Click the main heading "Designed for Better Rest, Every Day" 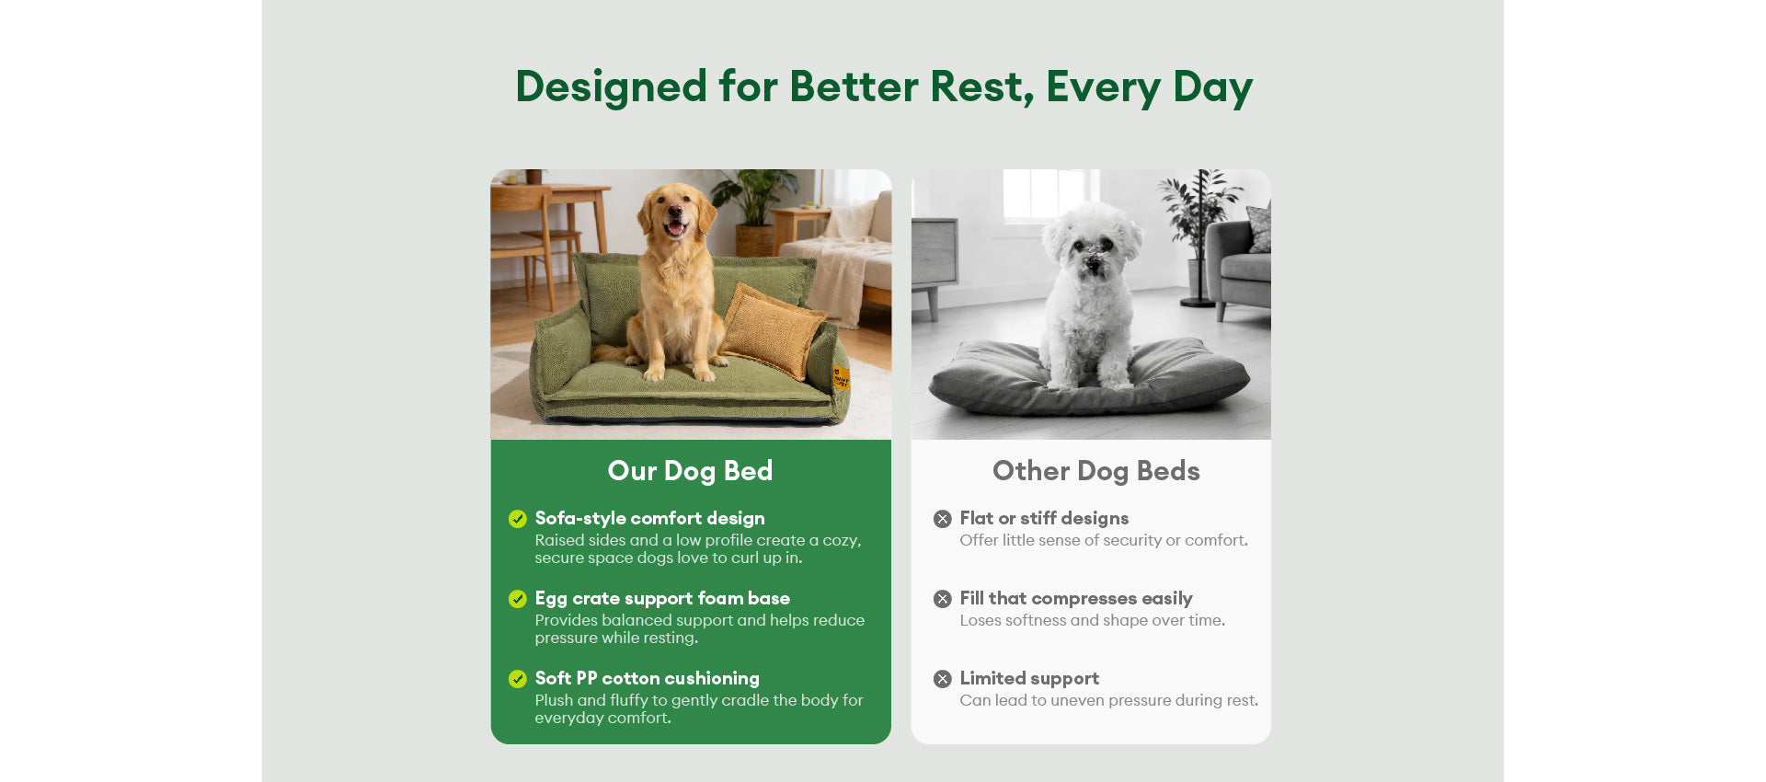[x=883, y=87]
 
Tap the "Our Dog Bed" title [x=690, y=471]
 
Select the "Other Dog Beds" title [x=1095, y=471]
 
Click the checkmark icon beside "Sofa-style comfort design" [x=518, y=519]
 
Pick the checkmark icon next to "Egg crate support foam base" [x=518, y=599]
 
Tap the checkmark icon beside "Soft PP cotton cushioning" [x=518, y=679]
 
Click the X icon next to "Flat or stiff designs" [x=943, y=519]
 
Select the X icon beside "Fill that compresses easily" [x=943, y=599]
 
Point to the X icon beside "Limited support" [x=943, y=679]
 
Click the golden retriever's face [x=676, y=213]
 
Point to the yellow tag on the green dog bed [x=841, y=377]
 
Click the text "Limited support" [x=1029, y=679]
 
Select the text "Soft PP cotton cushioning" [x=648, y=679]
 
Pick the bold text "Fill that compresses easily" [x=1076, y=599]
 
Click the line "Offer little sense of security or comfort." [x=1104, y=541]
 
